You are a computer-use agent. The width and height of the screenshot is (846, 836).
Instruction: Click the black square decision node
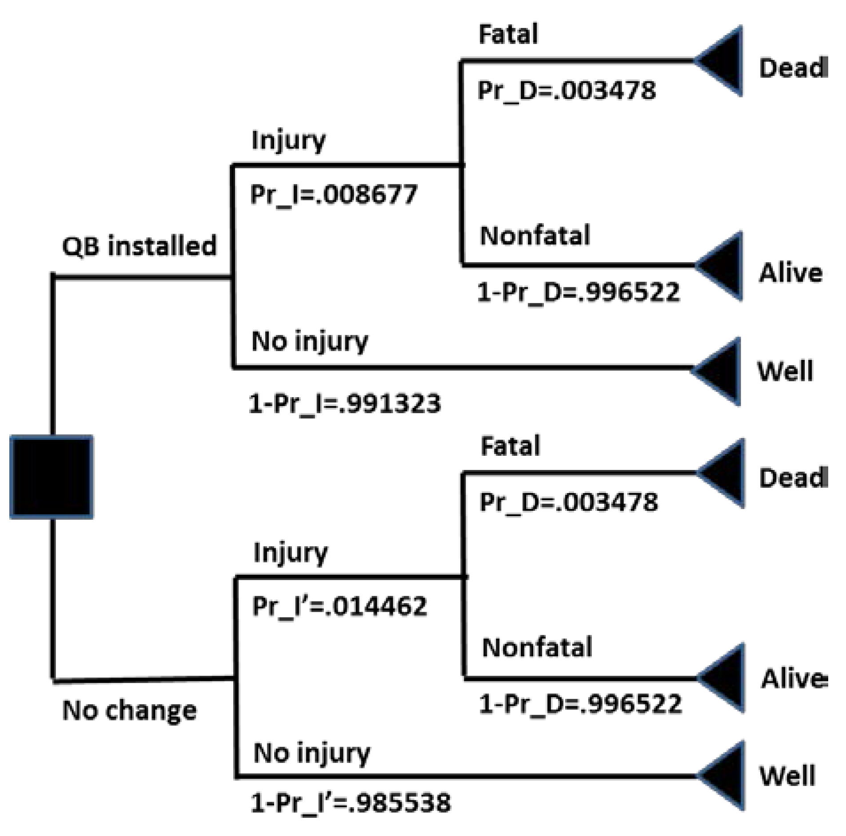click(x=52, y=477)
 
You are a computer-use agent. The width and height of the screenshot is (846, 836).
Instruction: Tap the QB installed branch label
click(x=139, y=246)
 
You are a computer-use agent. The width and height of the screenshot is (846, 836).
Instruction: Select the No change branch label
click(x=129, y=710)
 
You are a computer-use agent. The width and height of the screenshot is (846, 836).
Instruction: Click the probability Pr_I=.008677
click(x=334, y=195)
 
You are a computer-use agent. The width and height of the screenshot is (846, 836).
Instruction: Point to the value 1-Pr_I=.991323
click(x=345, y=404)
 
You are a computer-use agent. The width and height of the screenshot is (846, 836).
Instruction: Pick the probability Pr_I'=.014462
click(x=339, y=606)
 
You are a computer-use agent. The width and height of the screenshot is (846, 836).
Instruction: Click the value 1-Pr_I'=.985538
click(x=351, y=803)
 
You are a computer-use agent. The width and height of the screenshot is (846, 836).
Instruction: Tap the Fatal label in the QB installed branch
click(x=508, y=34)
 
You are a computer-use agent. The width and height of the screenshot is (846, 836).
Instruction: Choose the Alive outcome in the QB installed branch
click(x=790, y=272)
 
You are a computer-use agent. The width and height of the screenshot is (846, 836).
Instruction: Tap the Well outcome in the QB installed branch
click(x=785, y=371)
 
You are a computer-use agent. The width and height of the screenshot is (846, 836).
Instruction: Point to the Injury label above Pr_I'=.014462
click(x=290, y=553)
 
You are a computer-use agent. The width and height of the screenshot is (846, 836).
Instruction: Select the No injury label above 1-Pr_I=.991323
click(x=310, y=342)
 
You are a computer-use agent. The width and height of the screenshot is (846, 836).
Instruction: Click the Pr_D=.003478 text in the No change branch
click(x=569, y=502)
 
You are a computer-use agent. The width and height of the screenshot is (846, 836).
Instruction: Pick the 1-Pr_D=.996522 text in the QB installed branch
click(x=579, y=292)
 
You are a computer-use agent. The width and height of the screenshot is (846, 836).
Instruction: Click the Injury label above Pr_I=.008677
click(x=288, y=141)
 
